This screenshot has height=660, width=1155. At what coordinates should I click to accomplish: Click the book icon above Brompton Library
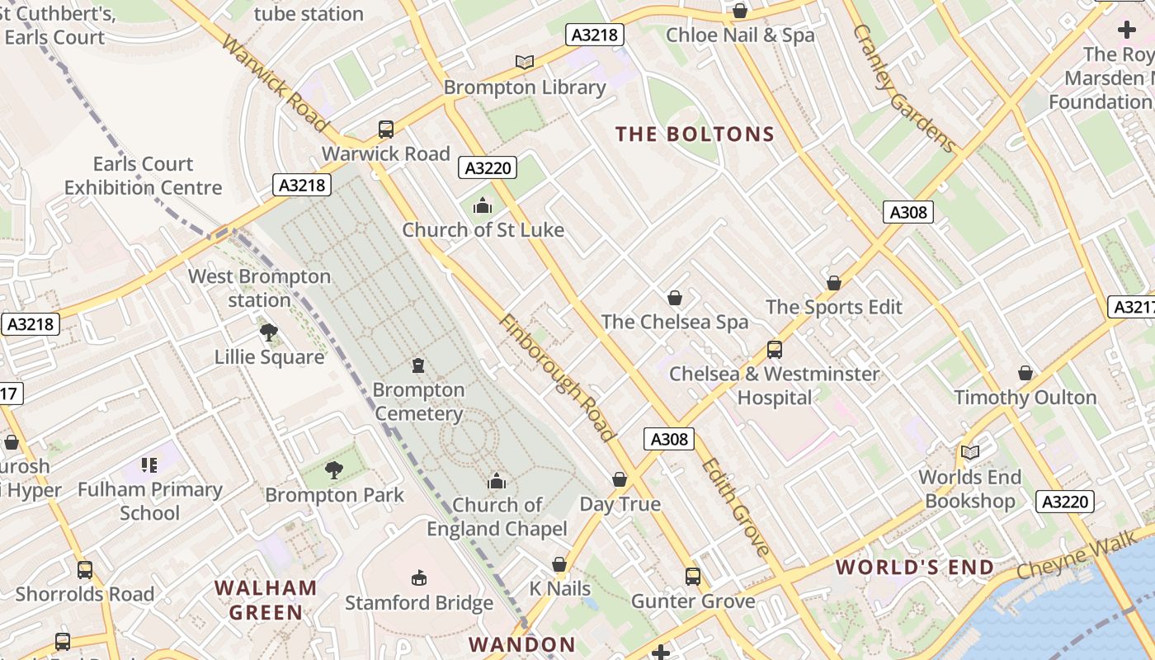click(x=524, y=62)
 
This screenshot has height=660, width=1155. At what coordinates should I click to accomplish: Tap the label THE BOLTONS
click(x=695, y=134)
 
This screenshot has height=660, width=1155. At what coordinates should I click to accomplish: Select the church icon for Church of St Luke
click(x=483, y=206)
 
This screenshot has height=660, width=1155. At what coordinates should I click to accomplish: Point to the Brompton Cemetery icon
click(x=418, y=365)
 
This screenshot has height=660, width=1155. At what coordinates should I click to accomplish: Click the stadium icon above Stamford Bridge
click(x=419, y=577)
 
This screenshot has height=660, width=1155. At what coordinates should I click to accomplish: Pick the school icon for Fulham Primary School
click(x=148, y=465)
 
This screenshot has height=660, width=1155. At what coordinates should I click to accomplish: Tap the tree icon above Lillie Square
click(x=268, y=332)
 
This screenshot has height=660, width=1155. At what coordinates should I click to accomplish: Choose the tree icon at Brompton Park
click(x=334, y=470)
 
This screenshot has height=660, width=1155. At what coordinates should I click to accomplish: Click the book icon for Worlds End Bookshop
click(x=970, y=452)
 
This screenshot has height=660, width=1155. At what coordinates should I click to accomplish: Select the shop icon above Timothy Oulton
click(x=1025, y=373)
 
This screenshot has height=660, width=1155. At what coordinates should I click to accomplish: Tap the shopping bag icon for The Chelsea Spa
click(x=675, y=298)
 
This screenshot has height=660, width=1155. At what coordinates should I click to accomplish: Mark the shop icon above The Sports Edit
click(x=834, y=283)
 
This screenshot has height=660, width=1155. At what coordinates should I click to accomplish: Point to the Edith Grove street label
click(x=736, y=507)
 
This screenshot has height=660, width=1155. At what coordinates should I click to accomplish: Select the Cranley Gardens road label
click(x=903, y=88)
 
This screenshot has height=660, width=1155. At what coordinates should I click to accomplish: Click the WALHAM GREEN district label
click(x=266, y=600)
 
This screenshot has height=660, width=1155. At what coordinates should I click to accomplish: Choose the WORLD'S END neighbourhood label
click(x=915, y=568)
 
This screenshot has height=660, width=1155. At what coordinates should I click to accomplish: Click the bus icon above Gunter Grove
click(x=693, y=577)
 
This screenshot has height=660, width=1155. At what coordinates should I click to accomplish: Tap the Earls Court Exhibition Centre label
click(x=144, y=176)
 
